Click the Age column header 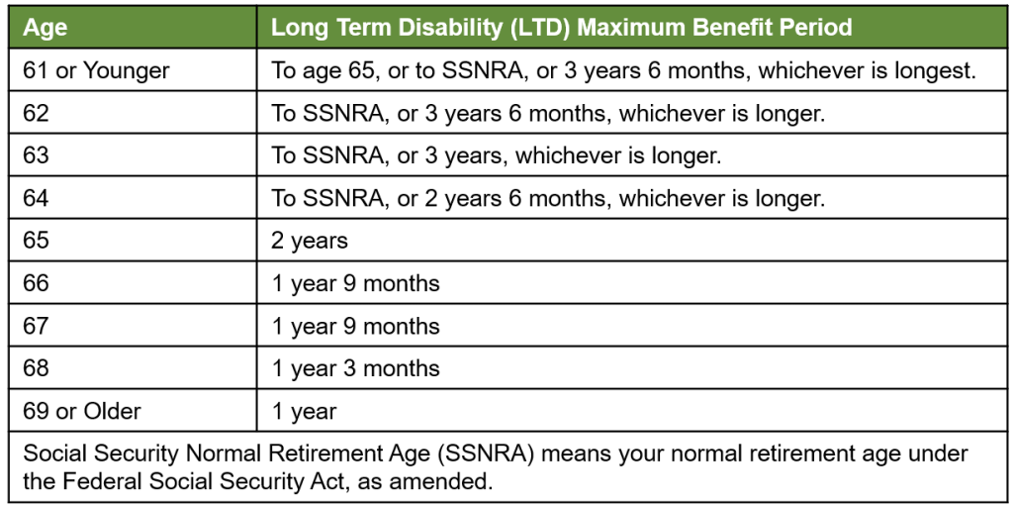pyautogui.click(x=45, y=29)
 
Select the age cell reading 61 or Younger pyautogui.click(x=96, y=70)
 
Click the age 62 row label pyautogui.click(x=37, y=113)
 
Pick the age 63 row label pyautogui.click(x=37, y=155)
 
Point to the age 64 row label pyautogui.click(x=37, y=198)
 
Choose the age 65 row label pyautogui.click(x=37, y=241)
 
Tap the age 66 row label pyautogui.click(x=37, y=282)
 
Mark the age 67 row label pyautogui.click(x=37, y=325)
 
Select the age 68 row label pyautogui.click(x=37, y=368)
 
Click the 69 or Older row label pyautogui.click(x=82, y=411)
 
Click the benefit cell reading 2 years pyautogui.click(x=310, y=241)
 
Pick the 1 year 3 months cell pyautogui.click(x=355, y=368)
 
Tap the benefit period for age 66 pyautogui.click(x=355, y=282)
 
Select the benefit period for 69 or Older pyautogui.click(x=304, y=411)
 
